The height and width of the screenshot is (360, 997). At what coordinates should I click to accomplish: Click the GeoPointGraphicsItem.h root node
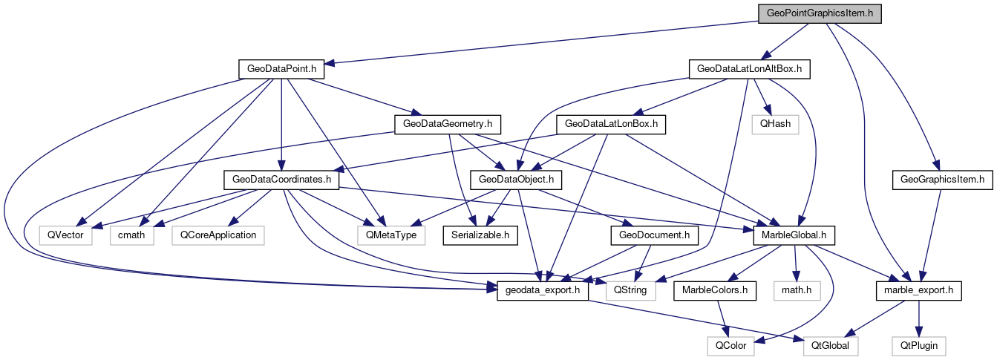819,13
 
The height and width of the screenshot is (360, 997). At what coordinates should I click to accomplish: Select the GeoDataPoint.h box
282,69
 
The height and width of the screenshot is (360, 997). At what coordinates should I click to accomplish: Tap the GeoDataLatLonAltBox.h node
749,69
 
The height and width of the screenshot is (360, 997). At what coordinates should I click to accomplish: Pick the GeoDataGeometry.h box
448,124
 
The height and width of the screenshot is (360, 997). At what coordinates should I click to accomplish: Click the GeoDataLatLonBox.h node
611,124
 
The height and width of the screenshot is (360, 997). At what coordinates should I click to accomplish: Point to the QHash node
775,124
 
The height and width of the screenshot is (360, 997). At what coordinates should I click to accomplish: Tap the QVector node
66,235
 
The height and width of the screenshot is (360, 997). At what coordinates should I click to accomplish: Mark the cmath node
132,235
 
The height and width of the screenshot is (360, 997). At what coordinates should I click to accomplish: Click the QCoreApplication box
218,235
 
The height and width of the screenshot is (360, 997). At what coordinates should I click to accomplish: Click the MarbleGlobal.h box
796,235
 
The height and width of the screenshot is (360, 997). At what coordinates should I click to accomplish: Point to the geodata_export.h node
543,290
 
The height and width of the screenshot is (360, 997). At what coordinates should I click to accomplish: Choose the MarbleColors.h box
714,290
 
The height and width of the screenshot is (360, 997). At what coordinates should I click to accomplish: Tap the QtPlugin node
919,345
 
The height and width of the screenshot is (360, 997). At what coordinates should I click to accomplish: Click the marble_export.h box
919,290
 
